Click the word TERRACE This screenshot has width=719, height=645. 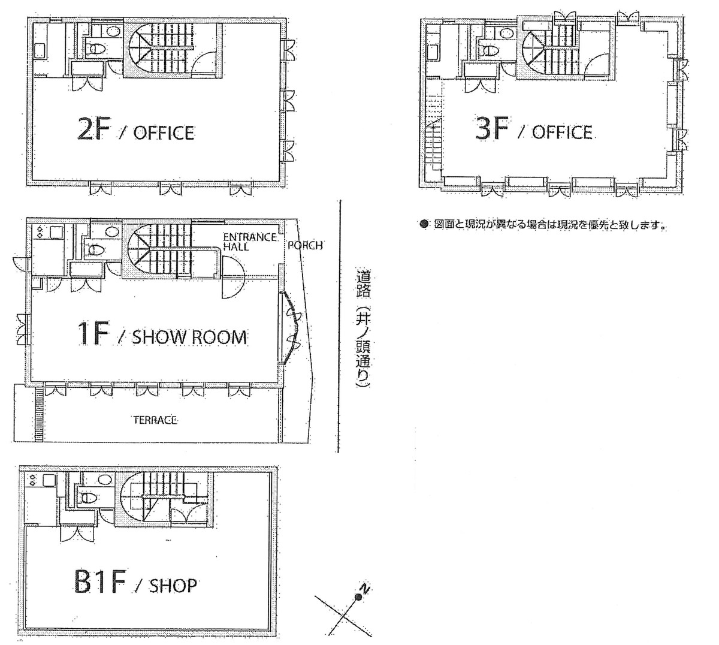pyautogui.click(x=155, y=421)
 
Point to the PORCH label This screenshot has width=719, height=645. pyautogui.click(x=305, y=245)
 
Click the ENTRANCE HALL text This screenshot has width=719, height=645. pyautogui.click(x=249, y=242)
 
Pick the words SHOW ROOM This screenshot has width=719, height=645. pyautogui.click(x=189, y=337)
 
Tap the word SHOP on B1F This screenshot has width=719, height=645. pyautogui.click(x=173, y=586)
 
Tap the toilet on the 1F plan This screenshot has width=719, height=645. pyautogui.click(x=96, y=250)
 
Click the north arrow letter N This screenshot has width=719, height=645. pyautogui.click(x=364, y=589)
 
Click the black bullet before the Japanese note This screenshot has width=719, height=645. pyautogui.click(x=423, y=224)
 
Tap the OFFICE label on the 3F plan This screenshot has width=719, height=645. pyautogui.click(x=562, y=132)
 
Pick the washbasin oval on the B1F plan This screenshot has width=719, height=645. pyautogui.click(x=104, y=480)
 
